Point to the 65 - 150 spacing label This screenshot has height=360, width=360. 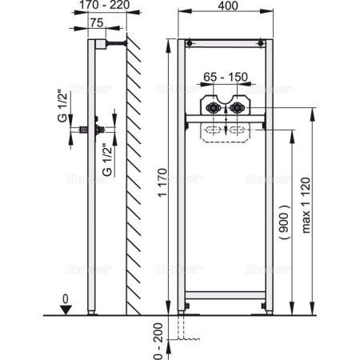tap(225, 76)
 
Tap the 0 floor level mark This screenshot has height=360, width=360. tap(73, 302)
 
